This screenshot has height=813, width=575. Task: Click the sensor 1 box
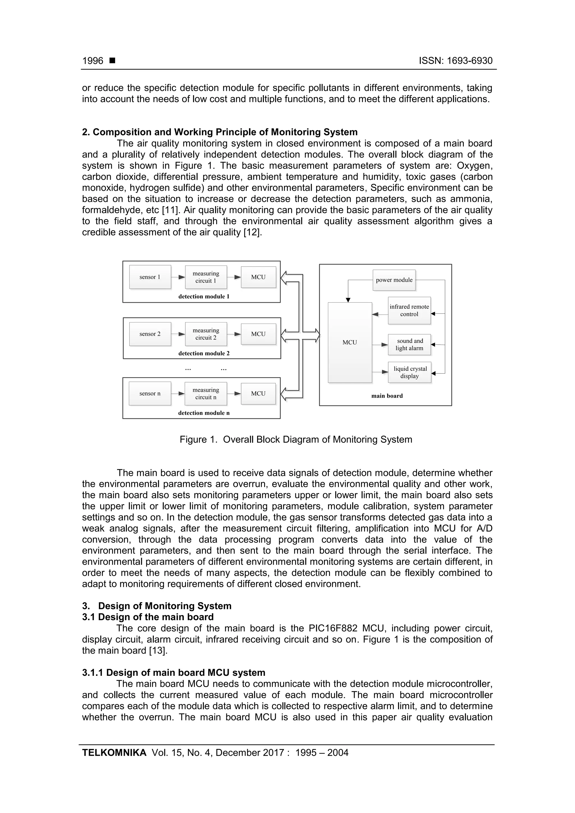click(x=150, y=277)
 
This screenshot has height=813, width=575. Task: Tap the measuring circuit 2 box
click(x=206, y=334)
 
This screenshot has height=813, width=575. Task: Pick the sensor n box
click(x=150, y=393)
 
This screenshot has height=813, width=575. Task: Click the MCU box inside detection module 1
click(x=258, y=277)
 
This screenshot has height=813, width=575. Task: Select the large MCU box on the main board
click(x=350, y=342)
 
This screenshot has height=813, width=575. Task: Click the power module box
click(x=394, y=280)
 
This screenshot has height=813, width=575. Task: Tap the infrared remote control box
click(x=409, y=311)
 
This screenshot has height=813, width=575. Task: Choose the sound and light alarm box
click(x=410, y=345)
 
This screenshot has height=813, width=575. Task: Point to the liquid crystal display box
click(x=410, y=372)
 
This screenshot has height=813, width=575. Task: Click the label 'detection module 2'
click(x=204, y=353)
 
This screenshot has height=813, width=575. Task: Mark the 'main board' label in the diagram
click(x=387, y=396)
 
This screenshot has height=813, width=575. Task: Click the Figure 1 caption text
click(x=296, y=439)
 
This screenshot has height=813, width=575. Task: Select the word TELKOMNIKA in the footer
click(x=114, y=752)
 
